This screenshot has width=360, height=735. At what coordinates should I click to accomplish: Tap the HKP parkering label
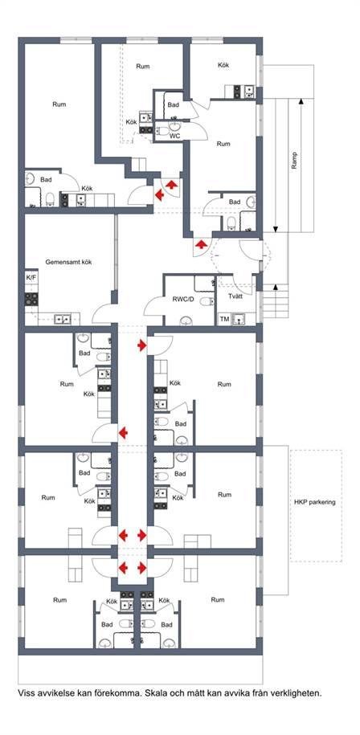pos(315,502)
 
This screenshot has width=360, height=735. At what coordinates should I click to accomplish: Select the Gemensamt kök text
pos(68,262)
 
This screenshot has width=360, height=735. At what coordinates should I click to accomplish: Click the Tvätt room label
pos(235,296)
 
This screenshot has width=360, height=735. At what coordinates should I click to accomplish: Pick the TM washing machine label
pos(224,320)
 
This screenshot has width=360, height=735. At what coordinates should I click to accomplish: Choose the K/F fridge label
pos(31,278)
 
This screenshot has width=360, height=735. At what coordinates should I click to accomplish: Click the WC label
pos(175,136)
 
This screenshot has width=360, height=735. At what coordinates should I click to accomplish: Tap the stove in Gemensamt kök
pos(31,299)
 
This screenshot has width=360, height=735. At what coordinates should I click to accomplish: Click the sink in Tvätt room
pos(240,319)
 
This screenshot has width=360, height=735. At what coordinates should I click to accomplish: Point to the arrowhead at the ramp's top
pos(301,100)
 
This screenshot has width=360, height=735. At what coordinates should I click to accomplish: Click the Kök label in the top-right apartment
pos(223,65)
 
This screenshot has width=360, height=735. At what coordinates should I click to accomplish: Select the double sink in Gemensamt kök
pos(63,319)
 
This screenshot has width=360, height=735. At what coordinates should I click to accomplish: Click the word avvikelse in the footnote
pos(53,692)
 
